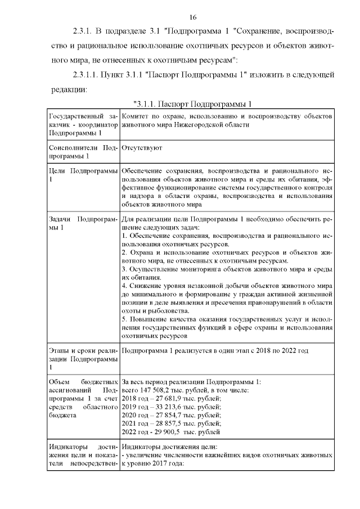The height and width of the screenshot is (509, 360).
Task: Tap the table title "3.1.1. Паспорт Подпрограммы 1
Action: point(192,104)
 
